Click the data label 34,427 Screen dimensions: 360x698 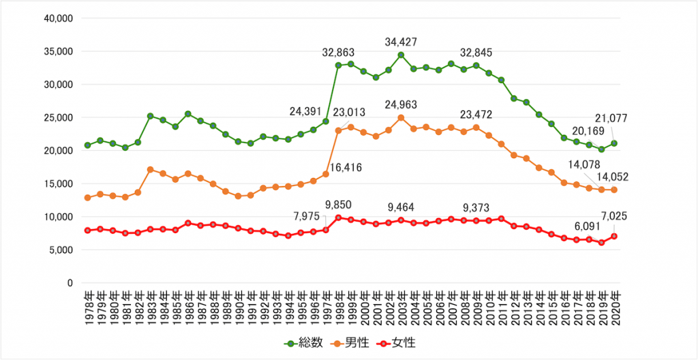pyautogui.click(x=401, y=40)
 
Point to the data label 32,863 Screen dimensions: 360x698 pyautogui.click(x=339, y=52)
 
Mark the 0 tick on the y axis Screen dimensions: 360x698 pyautogui.click(x=69, y=282)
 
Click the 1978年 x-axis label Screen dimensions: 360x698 pyautogui.click(x=87, y=307)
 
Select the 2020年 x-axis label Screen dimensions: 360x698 pyautogui.click(x=614, y=307)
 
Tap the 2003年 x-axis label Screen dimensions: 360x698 pyautogui.click(x=401, y=307)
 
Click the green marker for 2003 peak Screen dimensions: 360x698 pyautogui.click(x=401, y=55)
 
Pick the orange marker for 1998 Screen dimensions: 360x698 pyautogui.click(x=338, y=130)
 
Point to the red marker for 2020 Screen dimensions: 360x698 pyautogui.click(x=614, y=236)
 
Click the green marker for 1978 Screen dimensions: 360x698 pyautogui.click(x=87, y=145)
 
